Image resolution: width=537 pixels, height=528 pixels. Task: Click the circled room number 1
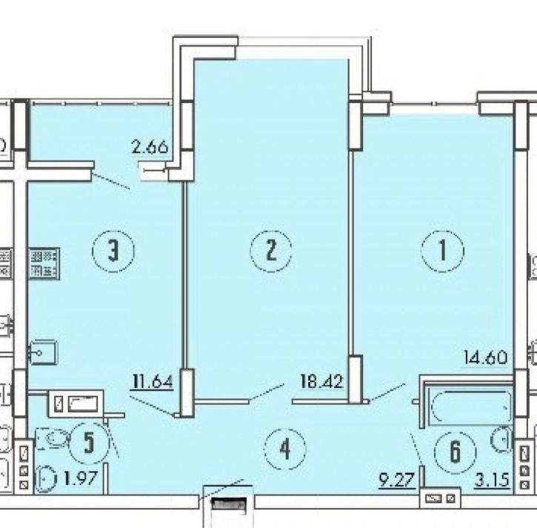click(444, 251)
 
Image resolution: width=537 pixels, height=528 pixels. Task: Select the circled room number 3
click(113, 251)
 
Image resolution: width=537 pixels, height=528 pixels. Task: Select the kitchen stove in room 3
click(44, 263)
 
